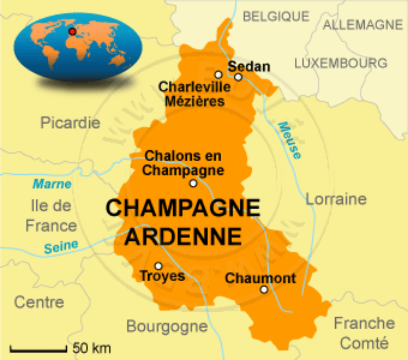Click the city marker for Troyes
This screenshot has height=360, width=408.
158,266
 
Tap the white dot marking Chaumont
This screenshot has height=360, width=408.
264,289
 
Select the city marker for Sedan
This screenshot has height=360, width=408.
238,77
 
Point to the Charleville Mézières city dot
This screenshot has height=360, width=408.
218,75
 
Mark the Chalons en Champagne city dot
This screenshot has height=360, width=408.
193,183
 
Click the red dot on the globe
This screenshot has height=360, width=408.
72,31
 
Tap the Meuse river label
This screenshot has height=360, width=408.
290,141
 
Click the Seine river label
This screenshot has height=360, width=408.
61,247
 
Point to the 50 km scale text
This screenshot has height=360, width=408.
92,348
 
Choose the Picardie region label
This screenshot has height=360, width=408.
70,123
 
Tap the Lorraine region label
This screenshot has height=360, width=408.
336,199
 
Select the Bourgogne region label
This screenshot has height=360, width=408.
167,326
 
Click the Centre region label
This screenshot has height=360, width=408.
39,302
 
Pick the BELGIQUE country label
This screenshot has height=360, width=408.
276,16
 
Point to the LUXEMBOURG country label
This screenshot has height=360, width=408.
341,63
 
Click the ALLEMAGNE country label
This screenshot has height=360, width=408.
363,25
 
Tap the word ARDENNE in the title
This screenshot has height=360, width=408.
183,237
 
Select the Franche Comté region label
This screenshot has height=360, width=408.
364,333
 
